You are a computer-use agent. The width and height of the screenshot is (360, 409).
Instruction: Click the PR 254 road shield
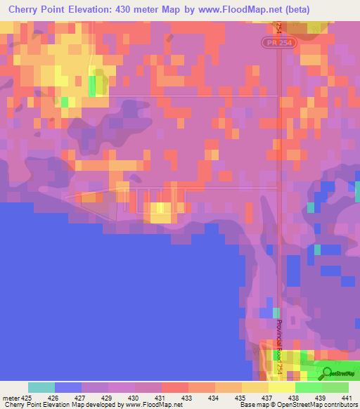pyautogui.click(x=281, y=43)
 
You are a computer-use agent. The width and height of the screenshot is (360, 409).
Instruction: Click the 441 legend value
pyautogui.click(x=347, y=397)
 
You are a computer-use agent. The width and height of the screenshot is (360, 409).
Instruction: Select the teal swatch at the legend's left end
pyautogui.click(x=41, y=387)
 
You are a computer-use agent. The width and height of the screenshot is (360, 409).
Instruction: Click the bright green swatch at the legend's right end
pyautogui.click(x=335, y=387)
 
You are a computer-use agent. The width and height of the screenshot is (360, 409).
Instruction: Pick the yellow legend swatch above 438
pyautogui.click(x=282, y=387)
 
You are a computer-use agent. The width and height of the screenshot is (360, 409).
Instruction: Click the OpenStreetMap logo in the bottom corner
pyautogui.click(x=337, y=372)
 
